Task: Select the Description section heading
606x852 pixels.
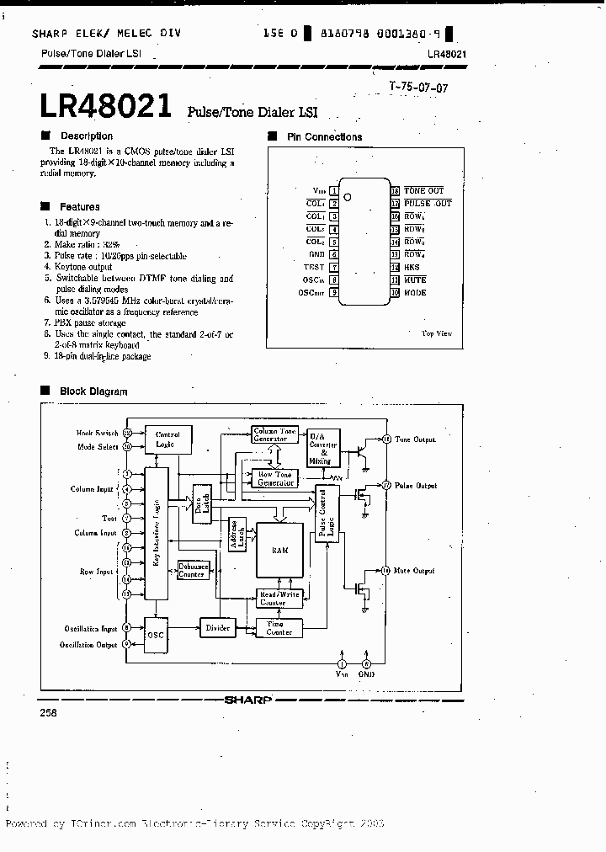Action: point(86,136)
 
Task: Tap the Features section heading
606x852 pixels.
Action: point(79,207)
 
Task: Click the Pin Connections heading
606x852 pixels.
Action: point(324,137)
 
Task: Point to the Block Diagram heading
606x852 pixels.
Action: point(93,391)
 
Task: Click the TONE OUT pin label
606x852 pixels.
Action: point(423,191)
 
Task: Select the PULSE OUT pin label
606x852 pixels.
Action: point(428,204)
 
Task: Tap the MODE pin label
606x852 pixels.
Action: point(416,292)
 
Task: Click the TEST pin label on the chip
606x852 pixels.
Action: point(314,267)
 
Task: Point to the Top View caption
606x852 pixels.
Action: point(436,333)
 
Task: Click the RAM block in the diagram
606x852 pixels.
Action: point(279,549)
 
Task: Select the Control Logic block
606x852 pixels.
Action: point(168,439)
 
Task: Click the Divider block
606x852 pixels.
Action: point(218,628)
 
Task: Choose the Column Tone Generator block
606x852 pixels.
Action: point(275,434)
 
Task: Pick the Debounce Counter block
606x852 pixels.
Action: point(193,570)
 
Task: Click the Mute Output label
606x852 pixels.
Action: point(416,571)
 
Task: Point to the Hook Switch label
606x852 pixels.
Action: point(97,433)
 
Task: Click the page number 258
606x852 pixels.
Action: point(49,712)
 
